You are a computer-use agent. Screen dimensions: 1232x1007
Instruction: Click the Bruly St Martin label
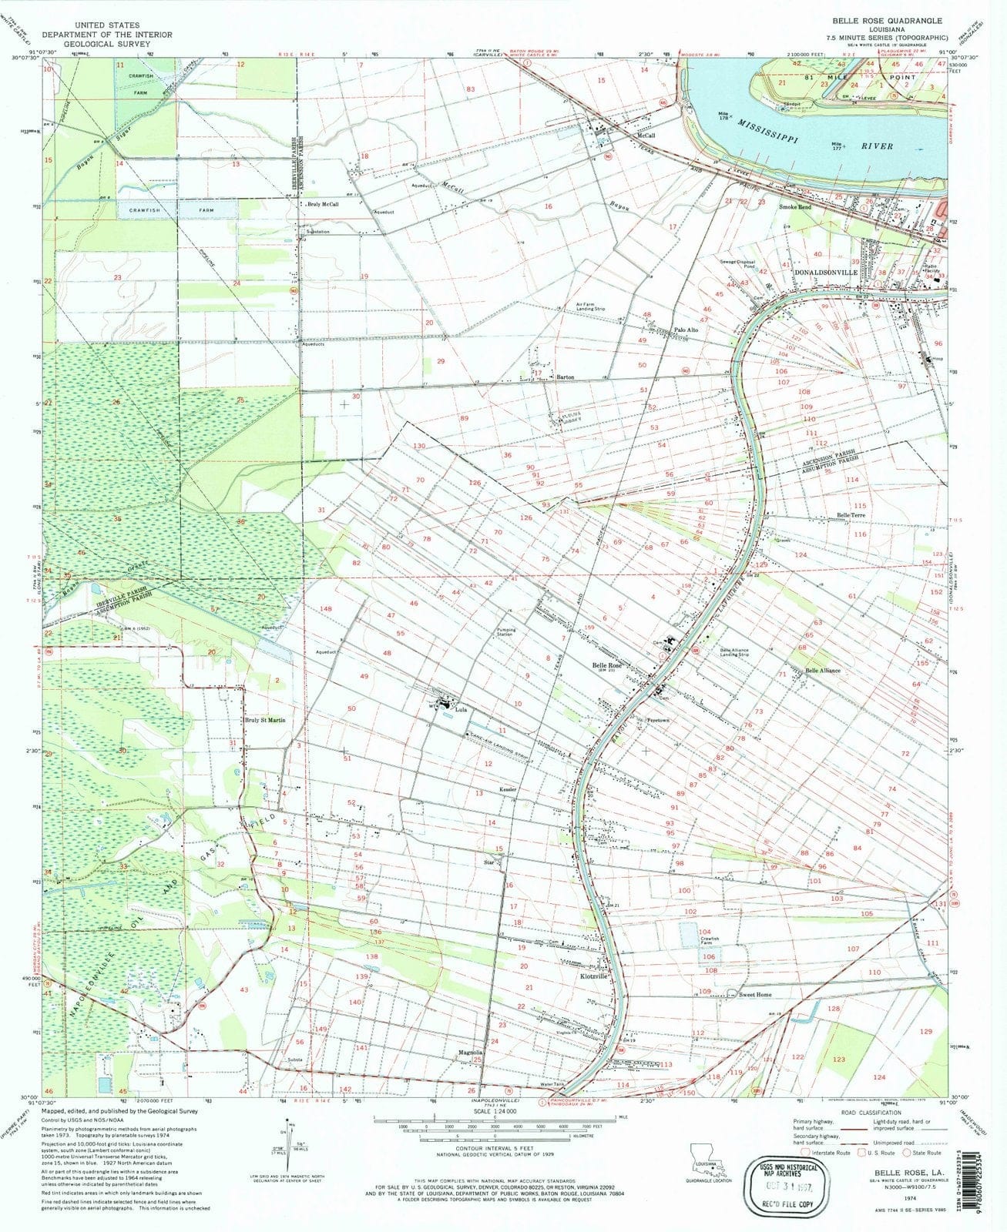[x=265, y=720]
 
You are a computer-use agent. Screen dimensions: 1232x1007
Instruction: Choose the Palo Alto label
[x=686, y=330]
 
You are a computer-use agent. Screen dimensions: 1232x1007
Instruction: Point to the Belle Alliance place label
[x=823, y=671]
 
